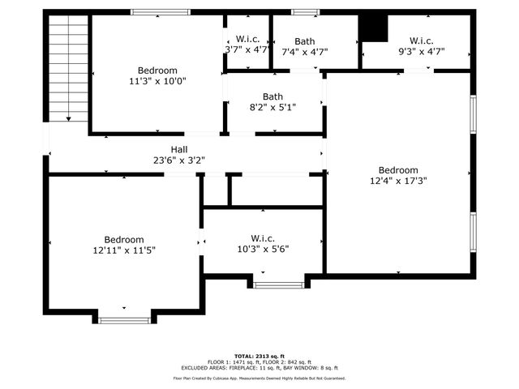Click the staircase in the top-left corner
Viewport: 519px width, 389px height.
click(68, 69)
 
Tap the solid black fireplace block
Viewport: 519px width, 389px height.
click(374, 28)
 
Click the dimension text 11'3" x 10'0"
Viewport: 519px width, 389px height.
click(157, 81)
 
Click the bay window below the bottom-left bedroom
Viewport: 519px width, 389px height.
click(124, 320)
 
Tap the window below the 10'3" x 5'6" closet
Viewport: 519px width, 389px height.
click(278, 284)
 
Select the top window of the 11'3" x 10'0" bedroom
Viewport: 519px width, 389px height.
click(156, 12)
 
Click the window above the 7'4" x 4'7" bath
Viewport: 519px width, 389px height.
click(305, 12)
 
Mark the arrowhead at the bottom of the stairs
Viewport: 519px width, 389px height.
click(68, 119)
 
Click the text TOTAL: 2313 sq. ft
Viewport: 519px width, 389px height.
click(259, 356)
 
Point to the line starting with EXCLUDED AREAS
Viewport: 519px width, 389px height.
click(259, 367)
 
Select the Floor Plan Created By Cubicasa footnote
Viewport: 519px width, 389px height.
click(259, 378)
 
